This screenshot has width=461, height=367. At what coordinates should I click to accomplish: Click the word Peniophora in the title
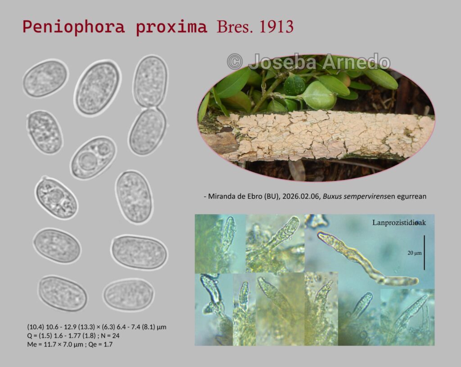click(x=74, y=27)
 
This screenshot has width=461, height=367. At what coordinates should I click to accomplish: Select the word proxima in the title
click(x=172, y=28)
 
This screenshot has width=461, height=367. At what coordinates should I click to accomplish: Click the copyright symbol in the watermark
click(x=235, y=62)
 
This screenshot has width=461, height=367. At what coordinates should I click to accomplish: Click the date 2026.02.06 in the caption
click(x=300, y=196)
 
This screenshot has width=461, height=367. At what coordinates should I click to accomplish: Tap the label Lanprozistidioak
click(x=399, y=223)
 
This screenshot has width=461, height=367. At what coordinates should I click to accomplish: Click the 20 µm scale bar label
click(x=415, y=253)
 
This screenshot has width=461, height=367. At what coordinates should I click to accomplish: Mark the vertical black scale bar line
click(x=424, y=252)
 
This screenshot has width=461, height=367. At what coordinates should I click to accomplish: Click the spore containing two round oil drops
click(x=94, y=158)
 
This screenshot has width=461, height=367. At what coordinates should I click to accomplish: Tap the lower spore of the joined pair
click(x=147, y=131)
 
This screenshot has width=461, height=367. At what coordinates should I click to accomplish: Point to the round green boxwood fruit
click(x=319, y=95)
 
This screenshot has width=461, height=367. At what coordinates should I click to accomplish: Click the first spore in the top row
click(x=45, y=78)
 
